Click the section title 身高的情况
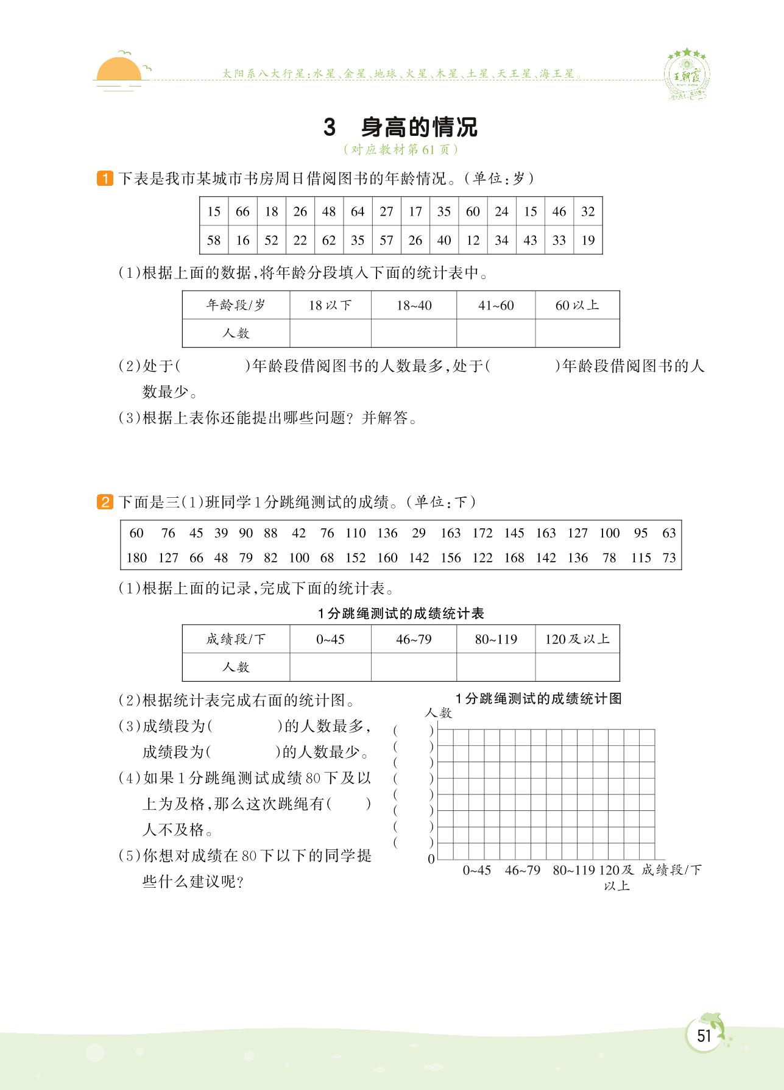pos(418,127)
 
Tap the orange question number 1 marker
pos(105,179)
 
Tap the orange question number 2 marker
pos(105,503)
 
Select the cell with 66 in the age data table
pos(242,211)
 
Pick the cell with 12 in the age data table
pos(473,240)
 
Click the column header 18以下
pos(330,305)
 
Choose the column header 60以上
pos(577,305)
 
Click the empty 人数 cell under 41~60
pos(496,333)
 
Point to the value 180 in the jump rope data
pos(136,557)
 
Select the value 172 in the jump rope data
pos(482,533)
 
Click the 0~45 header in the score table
pos(330,639)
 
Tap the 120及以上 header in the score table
pos(577,639)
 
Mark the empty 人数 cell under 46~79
pos(414,667)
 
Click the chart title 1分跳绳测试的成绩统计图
pos(539,699)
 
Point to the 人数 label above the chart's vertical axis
pos(439,713)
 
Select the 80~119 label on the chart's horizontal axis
pos(573,870)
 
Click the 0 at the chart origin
pos(431,859)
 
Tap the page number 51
pos(704,1036)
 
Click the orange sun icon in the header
pos(119,70)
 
